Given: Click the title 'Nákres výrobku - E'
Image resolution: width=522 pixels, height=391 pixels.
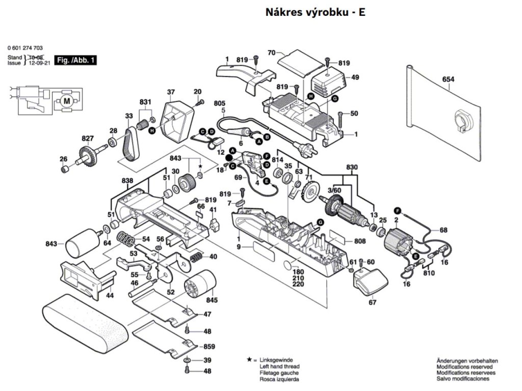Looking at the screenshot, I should (x=315, y=13).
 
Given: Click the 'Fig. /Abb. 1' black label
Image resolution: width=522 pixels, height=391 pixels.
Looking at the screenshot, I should (x=76, y=60).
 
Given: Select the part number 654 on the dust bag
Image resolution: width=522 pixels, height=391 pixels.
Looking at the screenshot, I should (x=448, y=79).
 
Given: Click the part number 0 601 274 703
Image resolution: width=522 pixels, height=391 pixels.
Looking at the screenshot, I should (x=25, y=48).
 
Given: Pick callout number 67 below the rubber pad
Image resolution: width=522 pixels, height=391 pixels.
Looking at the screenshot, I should (x=372, y=303).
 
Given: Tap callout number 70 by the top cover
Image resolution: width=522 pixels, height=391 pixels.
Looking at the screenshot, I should (x=271, y=53).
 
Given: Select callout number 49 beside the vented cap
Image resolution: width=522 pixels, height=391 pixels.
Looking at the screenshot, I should (x=355, y=77).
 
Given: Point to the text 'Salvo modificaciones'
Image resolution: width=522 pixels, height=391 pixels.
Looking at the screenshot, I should (x=462, y=379).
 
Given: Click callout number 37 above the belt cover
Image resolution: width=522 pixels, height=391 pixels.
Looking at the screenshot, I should (x=171, y=92).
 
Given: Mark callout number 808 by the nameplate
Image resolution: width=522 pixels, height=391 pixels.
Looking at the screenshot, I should (x=360, y=241).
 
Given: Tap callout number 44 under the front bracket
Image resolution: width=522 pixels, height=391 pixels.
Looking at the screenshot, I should (x=110, y=295).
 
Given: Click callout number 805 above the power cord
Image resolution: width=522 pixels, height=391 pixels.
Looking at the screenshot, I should (x=219, y=103).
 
